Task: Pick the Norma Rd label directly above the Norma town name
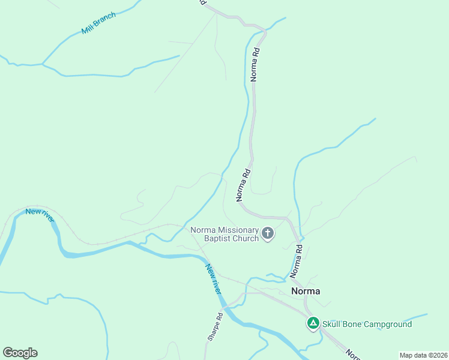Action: click(x=295, y=261)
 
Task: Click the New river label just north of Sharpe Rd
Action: click(x=213, y=279)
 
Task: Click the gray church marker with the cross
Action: click(x=268, y=233)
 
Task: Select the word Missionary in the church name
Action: click(x=238, y=230)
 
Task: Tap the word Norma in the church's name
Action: click(x=203, y=230)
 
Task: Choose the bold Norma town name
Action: click(x=306, y=291)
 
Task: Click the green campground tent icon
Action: click(x=313, y=324)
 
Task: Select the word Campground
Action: click(x=389, y=325)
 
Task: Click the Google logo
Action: click(x=20, y=353)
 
